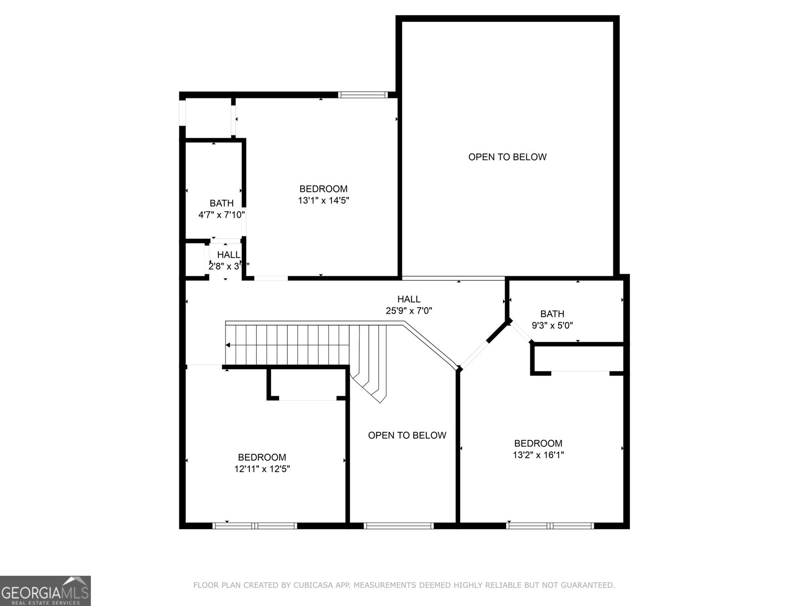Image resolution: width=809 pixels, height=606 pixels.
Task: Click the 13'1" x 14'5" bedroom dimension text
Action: (324, 200)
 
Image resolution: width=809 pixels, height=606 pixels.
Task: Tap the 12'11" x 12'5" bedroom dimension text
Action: (262, 469)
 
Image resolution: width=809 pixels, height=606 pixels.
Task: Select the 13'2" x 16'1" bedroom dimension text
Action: (538, 454)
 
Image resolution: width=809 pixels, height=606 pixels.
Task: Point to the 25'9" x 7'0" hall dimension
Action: (409, 311)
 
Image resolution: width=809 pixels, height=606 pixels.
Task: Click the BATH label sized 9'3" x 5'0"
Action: (552, 314)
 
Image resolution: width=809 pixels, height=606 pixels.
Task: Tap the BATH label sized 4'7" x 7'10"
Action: (221, 203)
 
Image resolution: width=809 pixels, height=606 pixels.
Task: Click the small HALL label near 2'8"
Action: (229, 255)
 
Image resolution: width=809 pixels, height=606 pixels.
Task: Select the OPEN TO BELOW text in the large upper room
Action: (507, 157)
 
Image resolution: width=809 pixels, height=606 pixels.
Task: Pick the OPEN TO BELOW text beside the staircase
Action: (407, 435)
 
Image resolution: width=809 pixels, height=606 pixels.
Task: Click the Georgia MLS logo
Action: (46, 590)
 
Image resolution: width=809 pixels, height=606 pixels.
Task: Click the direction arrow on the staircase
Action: (229, 345)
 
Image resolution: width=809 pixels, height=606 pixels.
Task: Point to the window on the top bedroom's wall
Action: (363, 94)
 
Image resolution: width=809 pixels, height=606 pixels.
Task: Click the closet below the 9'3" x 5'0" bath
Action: (579, 359)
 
